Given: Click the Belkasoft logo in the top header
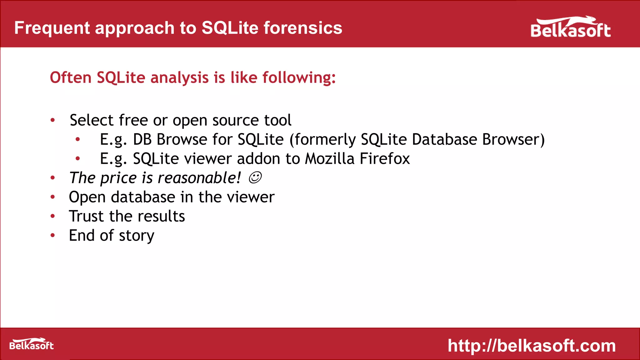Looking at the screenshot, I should click(x=570, y=28).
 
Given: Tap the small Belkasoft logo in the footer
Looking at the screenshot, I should click(x=31, y=344).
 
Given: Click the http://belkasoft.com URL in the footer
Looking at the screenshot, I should click(x=532, y=346).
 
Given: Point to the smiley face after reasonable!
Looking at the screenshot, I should click(x=255, y=178).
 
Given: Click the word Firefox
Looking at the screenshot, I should click(x=384, y=159).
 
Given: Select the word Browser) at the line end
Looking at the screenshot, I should click(x=513, y=140).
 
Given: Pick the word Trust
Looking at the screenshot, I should click(x=86, y=216).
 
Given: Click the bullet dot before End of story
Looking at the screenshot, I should click(x=53, y=235).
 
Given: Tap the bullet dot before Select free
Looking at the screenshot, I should click(x=53, y=120).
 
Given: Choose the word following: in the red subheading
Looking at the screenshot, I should click(x=299, y=77).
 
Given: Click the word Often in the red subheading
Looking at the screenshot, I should click(x=71, y=77).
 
